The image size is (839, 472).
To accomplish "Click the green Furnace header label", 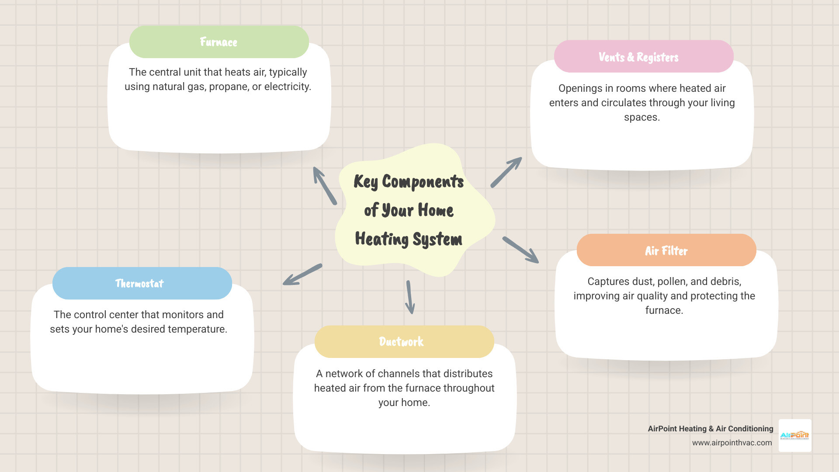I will (219, 42).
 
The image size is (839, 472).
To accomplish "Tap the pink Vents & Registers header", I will (638, 57).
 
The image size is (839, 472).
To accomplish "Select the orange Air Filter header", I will (666, 250).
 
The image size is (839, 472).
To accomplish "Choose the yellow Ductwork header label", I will (401, 341).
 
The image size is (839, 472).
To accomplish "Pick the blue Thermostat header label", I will (139, 283).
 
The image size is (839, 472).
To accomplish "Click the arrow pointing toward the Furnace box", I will (325, 185).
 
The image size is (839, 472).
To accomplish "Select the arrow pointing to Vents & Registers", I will (506, 172).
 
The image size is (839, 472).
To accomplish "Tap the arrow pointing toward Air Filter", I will (520, 250).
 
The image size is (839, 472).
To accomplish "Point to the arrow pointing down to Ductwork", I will (409, 297).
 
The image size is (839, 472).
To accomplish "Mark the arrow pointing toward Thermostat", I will (302, 274).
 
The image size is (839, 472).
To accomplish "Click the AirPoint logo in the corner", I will (794, 435).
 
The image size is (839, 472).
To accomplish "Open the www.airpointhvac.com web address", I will (732, 443).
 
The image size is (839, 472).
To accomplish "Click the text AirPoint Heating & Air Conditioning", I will (710, 429).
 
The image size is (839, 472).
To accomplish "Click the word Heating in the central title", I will (381, 239).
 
